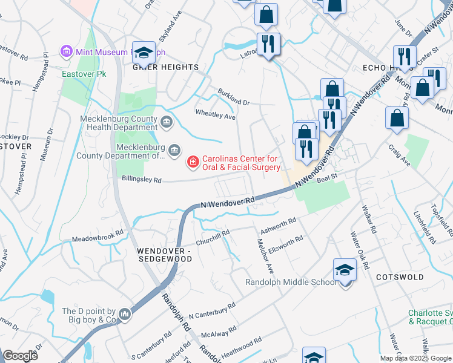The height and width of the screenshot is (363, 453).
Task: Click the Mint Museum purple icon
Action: click(67, 52)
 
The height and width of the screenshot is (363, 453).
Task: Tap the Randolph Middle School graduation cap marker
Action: click(345, 270)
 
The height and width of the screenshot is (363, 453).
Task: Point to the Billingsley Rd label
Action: click(142, 180)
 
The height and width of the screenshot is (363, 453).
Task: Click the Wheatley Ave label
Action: click(214, 115)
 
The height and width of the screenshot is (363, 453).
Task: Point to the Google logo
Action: click(21, 356)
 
